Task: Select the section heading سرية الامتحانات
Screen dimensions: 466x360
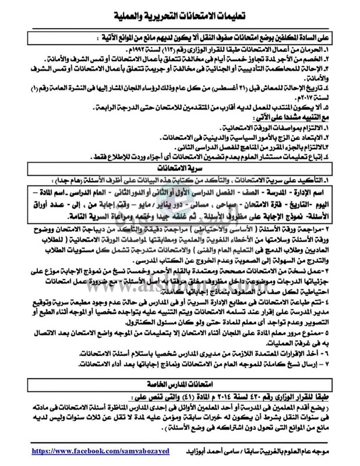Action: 179,169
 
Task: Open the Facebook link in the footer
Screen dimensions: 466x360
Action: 89,451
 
